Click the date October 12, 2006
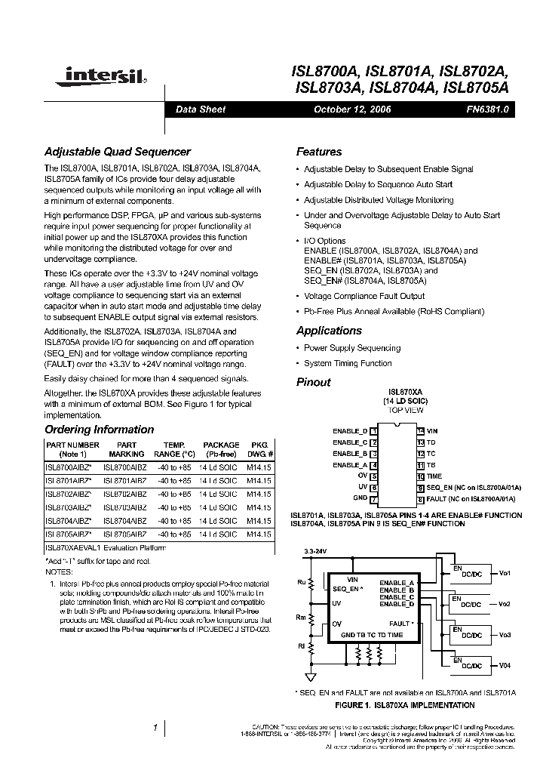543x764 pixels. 352,109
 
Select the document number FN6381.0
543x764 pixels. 488,109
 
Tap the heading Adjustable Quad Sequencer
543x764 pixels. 118,152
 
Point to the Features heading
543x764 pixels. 318,152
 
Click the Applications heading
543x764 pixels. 329,331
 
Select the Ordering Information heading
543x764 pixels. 99,430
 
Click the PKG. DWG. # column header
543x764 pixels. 259,450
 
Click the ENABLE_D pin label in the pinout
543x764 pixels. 350,430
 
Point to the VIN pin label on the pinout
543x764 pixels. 432,430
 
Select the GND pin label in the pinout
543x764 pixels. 360,498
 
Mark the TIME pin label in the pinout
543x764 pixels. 434,476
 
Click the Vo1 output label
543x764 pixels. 505,574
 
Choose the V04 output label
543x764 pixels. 505,665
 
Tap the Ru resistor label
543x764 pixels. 302,582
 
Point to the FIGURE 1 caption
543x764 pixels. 404,705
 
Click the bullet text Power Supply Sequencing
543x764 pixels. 351,348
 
